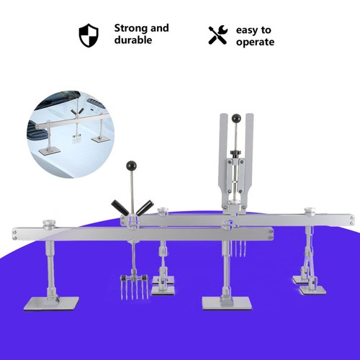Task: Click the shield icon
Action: point(89,35)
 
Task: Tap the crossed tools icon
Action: point(218,35)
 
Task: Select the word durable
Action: point(133,40)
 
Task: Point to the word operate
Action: point(255,42)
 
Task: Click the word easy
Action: point(247,30)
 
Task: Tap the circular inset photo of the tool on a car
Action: point(71,134)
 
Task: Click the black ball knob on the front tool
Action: point(131,165)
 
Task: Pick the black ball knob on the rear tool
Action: point(236,118)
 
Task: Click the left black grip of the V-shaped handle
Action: point(120,207)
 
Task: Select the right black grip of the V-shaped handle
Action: point(145,207)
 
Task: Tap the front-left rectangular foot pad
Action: point(51,304)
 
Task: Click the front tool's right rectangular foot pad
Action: point(227,303)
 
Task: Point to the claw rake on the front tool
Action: point(134,287)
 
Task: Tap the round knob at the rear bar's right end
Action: point(310,212)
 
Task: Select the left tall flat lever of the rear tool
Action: point(223,150)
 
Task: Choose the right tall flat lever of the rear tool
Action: point(249,150)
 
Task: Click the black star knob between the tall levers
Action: point(235,153)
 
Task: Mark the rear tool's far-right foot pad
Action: point(313,289)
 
